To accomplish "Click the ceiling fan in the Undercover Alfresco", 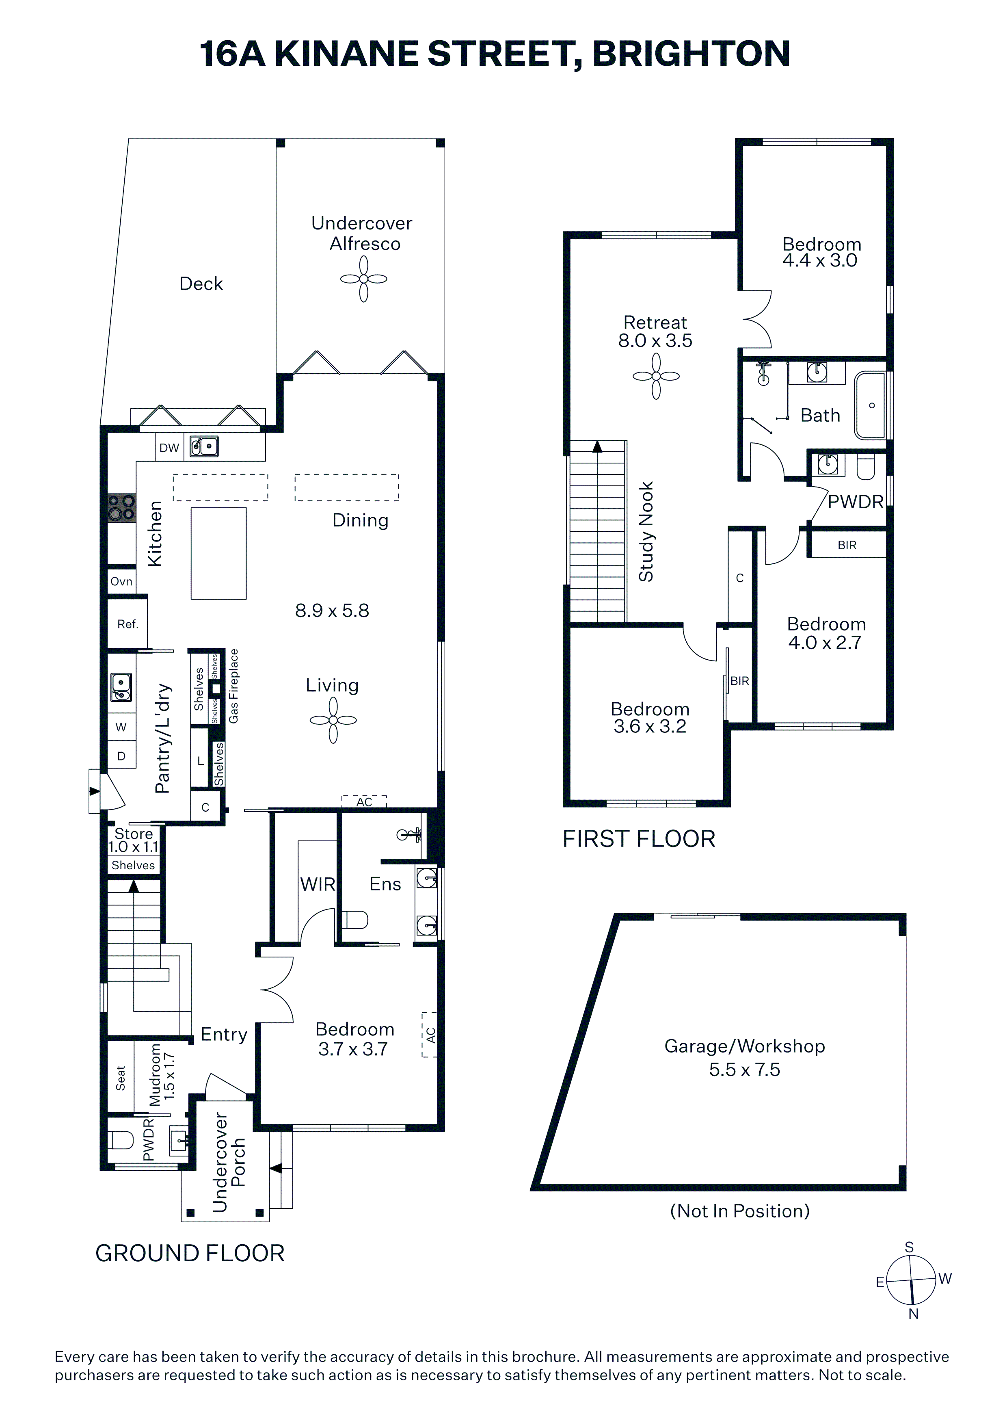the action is tap(363, 279).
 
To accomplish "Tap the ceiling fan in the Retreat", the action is tap(656, 376).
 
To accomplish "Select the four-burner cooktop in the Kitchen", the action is tap(121, 508).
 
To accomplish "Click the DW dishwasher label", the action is tap(169, 448).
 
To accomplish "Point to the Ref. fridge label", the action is tap(128, 624).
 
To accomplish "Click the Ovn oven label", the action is tap(121, 582).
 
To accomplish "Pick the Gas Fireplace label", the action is tap(233, 686).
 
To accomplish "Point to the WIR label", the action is tap(318, 884).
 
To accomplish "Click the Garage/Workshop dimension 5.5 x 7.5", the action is tap(745, 1070).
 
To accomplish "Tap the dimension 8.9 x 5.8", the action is tap(332, 611).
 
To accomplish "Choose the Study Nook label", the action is tap(646, 532).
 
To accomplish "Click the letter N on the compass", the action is tap(913, 1314).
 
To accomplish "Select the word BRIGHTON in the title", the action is tap(691, 54).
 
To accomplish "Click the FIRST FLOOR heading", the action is tap(639, 839).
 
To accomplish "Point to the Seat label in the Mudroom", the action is tap(120, 1078).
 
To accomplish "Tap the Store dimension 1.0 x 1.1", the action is tap(134, 847).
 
